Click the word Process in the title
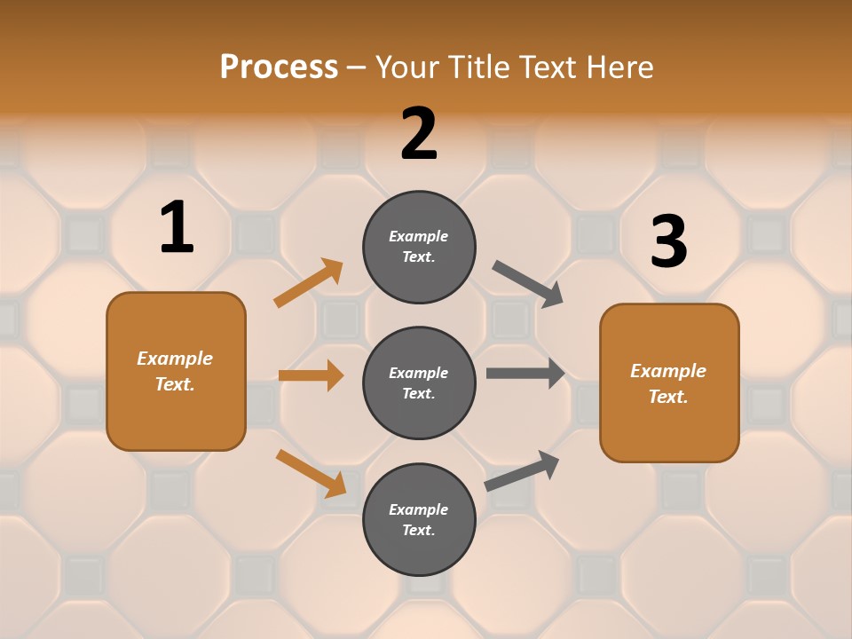(x=279, y=67)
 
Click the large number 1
(x=177, y=227)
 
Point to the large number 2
(x=419, y=134)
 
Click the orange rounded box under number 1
(x=176, y=371)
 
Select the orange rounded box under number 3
(x=669, y=383)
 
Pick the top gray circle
(x=419, y=247)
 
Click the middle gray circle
(x=419, y=383)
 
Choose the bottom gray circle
(x=419, y=519)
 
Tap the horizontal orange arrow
(x=311, y=375)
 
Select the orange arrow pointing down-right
(x=311, y=473)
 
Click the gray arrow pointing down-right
(x=528, y=284)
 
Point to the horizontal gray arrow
(x=525, y=374)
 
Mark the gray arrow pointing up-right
(x=522, y=471)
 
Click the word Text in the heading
(x=545, y=67)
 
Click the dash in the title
(x=356, y=68)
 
